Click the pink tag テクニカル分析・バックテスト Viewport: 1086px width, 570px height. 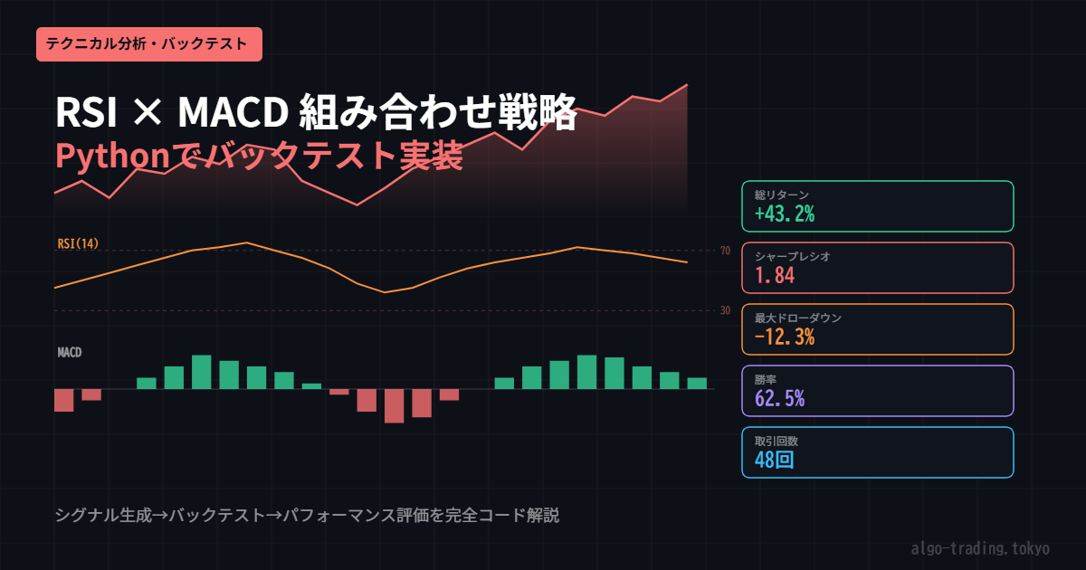[148, 44]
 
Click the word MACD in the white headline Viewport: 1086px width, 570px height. [233, 112]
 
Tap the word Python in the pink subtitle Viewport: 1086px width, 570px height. [112, 157]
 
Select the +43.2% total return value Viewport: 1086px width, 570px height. [785, 214]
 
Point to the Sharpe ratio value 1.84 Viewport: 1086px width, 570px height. [775, 275]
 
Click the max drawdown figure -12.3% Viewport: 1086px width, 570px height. [785, 337]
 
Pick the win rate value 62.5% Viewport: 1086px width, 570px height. [779, 398]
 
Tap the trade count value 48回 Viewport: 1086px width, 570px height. [775, 460]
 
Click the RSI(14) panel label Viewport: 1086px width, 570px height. [78, 243]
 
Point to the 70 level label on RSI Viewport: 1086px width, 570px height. [725, 251]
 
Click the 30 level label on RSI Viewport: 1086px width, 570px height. [725, 310]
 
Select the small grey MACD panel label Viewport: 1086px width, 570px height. [70, 352]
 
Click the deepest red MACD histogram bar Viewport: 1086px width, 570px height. [395, 406]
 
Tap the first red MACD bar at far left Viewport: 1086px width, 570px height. [64, 400]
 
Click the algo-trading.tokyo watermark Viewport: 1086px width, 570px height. [980, 548]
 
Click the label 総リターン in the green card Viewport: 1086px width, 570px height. [782, 195]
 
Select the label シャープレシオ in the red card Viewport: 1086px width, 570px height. [792, 256]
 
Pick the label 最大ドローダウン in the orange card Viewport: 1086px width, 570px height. [798, 318]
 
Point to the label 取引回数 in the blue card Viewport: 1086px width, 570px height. [776, 442]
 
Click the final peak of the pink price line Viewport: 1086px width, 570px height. [687, 85]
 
